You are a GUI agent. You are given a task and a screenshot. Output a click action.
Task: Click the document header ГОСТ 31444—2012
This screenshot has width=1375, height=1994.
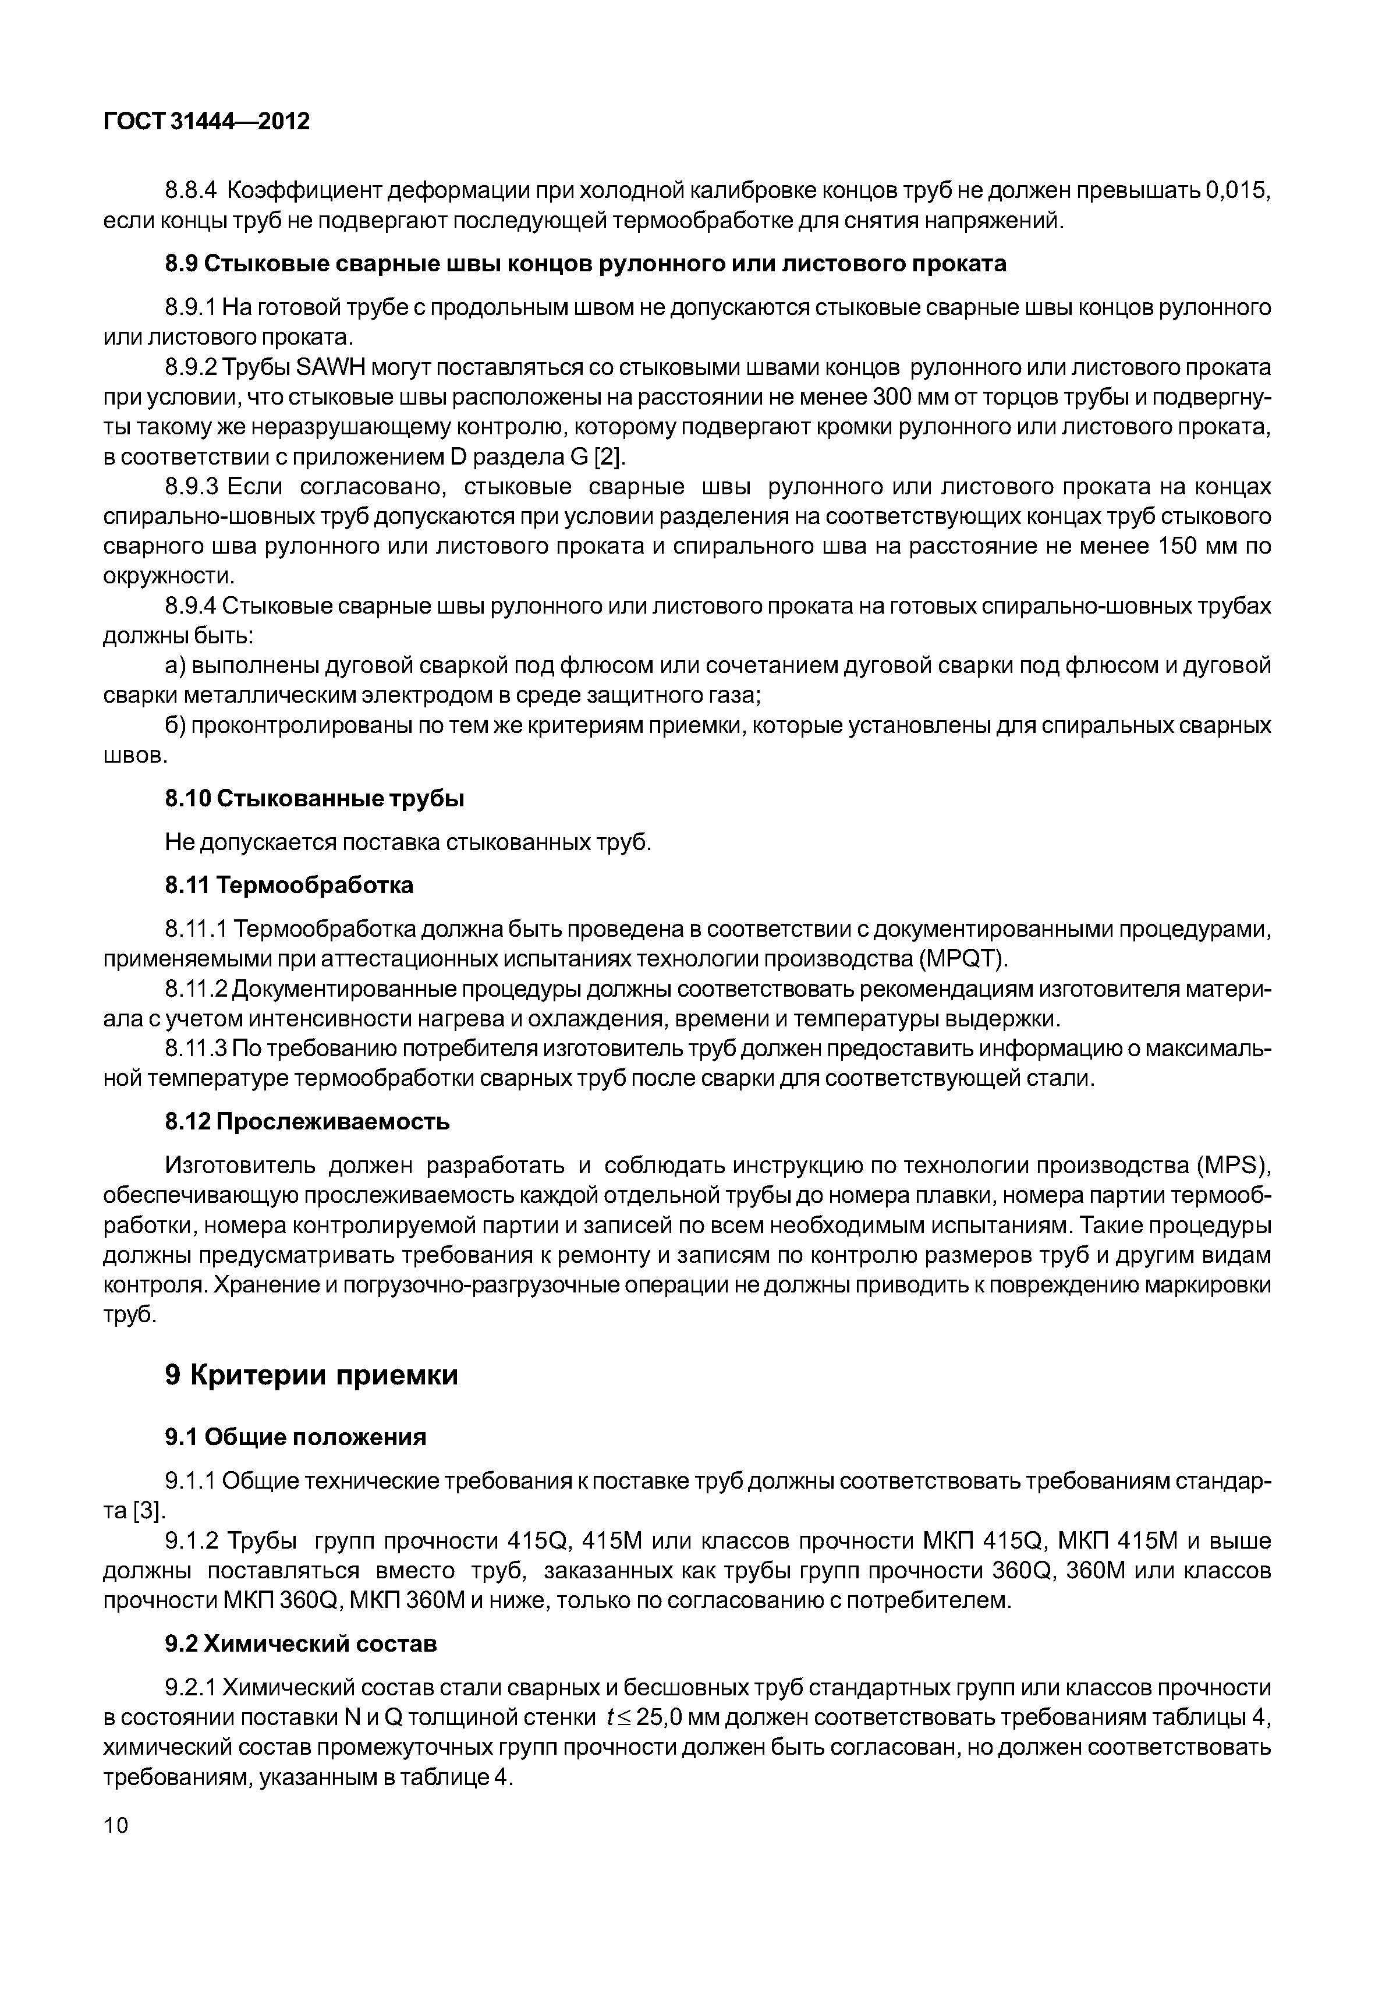click(206, 122)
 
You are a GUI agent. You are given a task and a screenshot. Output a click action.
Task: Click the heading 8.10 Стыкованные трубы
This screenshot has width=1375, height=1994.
click(314, 799)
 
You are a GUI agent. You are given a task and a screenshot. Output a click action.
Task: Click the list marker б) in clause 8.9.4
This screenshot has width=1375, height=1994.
click(176, 725)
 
